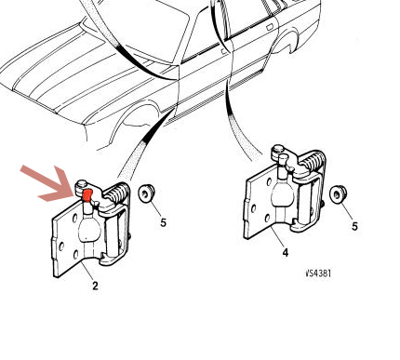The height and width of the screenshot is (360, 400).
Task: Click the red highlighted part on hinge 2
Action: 87,195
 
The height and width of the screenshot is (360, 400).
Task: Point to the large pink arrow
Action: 50,184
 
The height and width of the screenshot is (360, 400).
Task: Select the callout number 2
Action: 95,286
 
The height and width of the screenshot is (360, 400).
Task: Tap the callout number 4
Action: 286,253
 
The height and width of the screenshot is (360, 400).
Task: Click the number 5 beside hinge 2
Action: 164,222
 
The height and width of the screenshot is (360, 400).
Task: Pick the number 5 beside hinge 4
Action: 354,226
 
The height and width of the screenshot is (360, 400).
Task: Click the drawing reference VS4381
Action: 318,273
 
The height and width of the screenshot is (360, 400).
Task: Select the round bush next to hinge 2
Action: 146,193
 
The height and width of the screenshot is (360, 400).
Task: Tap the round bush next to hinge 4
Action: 338,194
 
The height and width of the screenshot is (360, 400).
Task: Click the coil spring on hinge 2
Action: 117,193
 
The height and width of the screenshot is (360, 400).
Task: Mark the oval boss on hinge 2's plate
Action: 90,230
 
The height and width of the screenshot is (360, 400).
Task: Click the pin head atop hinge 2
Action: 82,184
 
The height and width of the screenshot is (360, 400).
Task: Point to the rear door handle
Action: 269,27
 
